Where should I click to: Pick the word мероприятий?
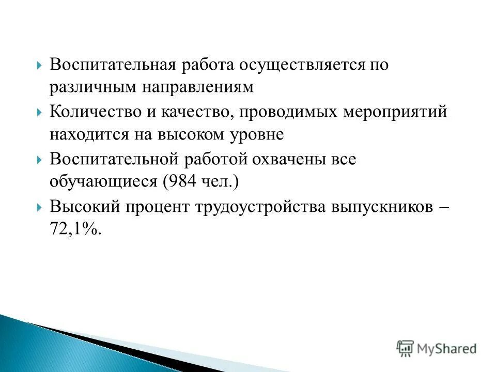(x=395, y=112)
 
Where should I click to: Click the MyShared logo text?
(x=447, y=348)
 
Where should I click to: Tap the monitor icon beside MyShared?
(x=405, y=348)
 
